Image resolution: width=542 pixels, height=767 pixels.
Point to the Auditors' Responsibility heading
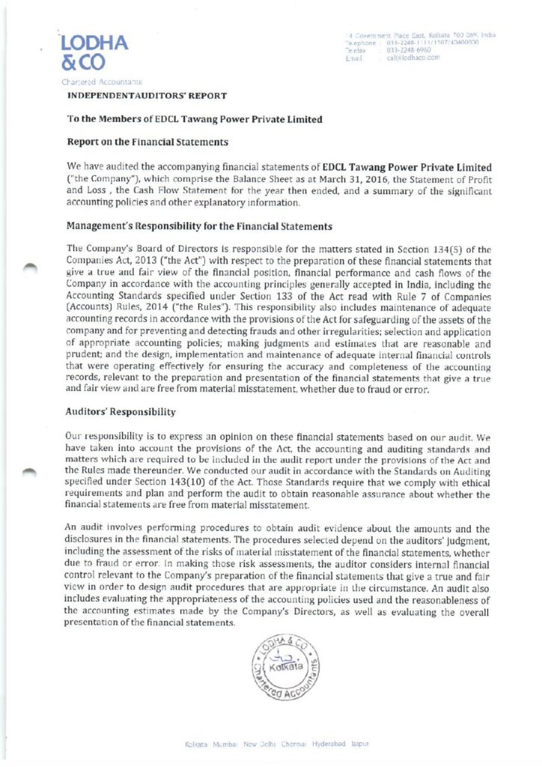(x=121, y=411)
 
